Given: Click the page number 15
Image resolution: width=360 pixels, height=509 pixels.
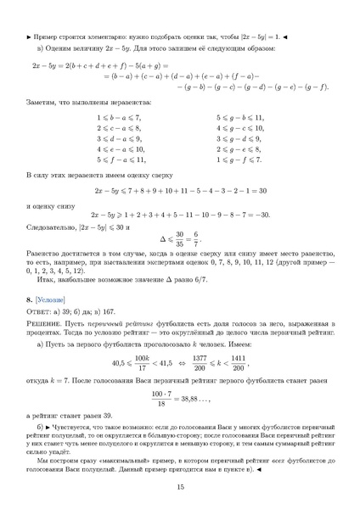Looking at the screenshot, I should point(180,486).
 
